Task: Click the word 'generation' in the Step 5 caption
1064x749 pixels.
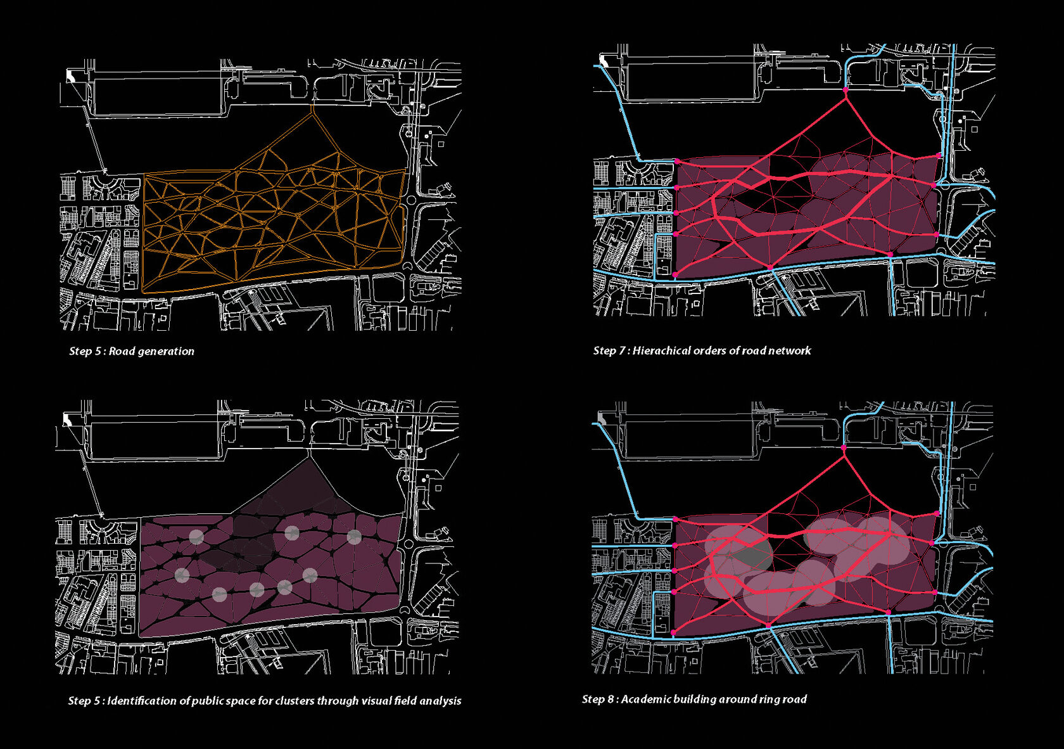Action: [x=166, y=351]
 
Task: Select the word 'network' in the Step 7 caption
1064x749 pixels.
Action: [x=789, y=350]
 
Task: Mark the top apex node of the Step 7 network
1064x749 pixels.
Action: [x=845, y=90]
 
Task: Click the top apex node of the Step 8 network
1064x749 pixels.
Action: [x=844, y=447]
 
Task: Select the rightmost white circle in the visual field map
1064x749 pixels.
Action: [x=354, y=537]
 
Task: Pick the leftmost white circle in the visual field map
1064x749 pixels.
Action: [x=182, y=575]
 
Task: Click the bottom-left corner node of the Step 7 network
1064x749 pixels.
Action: [x=675, y=274]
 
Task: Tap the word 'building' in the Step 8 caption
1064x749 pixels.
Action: [x=694, y=699]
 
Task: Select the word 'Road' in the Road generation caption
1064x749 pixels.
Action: [x=122, y=351]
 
